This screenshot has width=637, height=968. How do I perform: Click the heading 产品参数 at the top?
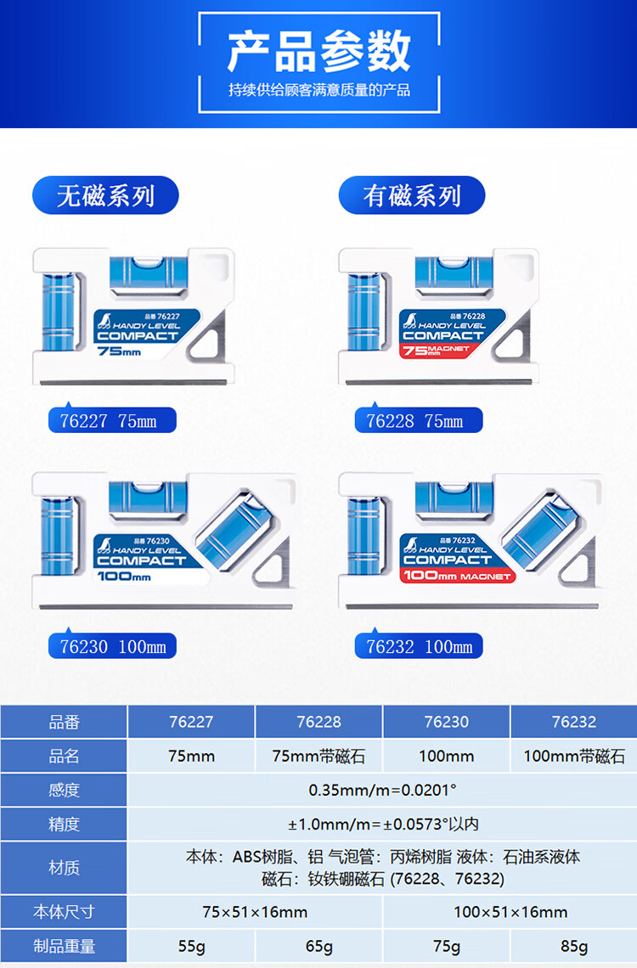pos(318,51)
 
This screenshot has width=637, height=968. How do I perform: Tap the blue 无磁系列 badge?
pos(105,196)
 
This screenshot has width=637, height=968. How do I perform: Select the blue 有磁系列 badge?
pos(412,196)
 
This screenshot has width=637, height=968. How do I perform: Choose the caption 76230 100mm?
pos(113,646)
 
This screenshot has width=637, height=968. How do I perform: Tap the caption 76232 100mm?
pos(420,646)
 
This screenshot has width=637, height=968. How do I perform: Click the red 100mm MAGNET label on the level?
pos(457,577)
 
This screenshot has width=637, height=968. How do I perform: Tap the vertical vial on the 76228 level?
pos(363,311)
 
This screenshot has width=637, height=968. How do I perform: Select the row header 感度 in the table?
pos(64,790)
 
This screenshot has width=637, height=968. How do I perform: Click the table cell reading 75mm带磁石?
pos(318,756)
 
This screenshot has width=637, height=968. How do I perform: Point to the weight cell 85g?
pos(573,946)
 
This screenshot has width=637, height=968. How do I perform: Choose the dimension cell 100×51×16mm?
pos(510,912)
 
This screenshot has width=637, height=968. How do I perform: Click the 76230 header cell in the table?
pos(446,722)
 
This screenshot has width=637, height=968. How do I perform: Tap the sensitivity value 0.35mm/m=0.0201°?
pos(382,790)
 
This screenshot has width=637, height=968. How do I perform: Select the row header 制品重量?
pos(64,946)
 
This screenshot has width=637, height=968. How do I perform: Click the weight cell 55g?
pos(191,946)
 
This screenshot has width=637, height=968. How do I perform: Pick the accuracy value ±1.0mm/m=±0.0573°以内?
pos(382,824)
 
